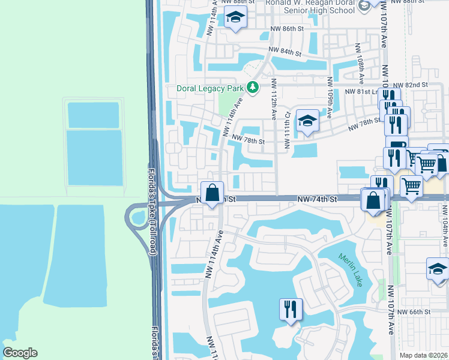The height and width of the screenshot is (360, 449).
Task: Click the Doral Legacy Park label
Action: point(210,88)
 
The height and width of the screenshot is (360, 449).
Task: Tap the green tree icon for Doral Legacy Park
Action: point(253,88)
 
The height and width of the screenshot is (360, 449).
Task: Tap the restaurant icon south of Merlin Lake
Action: point(291,310)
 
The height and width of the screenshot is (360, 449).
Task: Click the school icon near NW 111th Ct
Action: point(307,121)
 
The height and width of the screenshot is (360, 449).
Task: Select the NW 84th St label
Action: point(284,51)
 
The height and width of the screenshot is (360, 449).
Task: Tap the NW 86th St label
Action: point(291,28)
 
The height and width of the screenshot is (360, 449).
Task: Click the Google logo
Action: point(20,353)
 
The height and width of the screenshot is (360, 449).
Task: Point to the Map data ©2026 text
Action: point(423,355)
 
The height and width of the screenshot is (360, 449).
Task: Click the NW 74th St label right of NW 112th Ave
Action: point(317,199)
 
